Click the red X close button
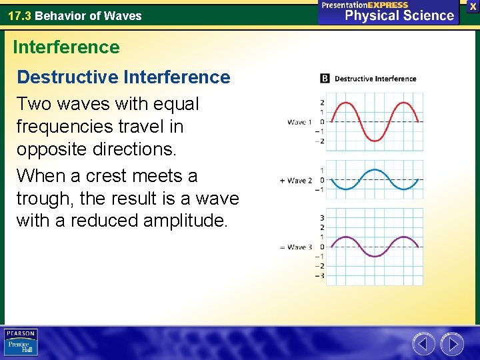coord(473,6)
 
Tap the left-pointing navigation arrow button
coord(424,344)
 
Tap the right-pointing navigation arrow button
coord(452,344)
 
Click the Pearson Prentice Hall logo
coord(21,342)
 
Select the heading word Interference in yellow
coord(66,47)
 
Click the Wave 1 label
coord(300,122)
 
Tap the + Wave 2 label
coord(297,180)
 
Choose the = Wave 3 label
coord(297,247)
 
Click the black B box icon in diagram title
coord(325,79)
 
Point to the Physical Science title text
coord(399,15)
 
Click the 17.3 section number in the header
coord(20,16)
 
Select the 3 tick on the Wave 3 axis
coord(322,218)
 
